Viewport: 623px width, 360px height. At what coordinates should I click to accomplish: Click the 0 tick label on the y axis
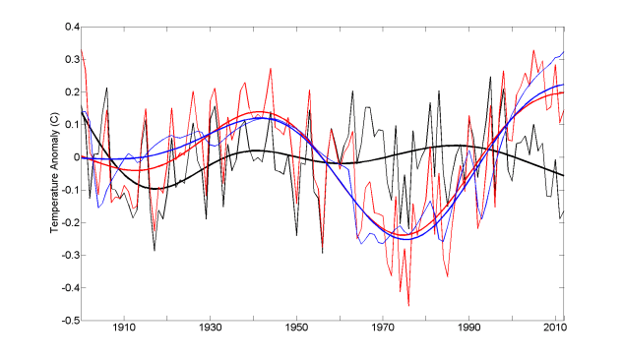(72, 157)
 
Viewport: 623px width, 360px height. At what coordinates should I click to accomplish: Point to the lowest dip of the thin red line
(408, 305)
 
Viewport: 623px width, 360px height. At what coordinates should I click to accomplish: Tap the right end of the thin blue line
(564, 52)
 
